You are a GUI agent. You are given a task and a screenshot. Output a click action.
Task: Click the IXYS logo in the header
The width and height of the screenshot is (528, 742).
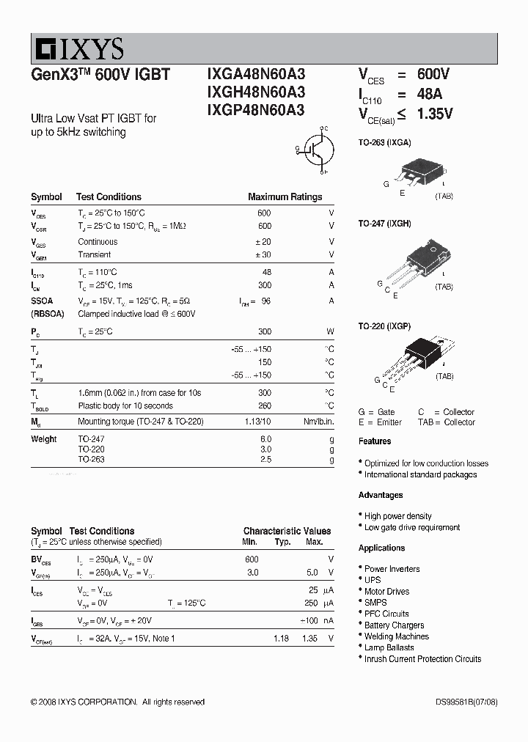78,48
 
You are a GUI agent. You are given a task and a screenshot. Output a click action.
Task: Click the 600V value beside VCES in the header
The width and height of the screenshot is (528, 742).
433,74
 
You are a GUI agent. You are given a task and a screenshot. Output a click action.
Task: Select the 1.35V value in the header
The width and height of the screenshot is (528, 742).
435,114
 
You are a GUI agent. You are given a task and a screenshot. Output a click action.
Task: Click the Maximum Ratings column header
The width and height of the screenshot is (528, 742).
285,196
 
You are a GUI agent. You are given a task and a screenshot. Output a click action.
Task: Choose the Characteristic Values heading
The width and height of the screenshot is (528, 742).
287,531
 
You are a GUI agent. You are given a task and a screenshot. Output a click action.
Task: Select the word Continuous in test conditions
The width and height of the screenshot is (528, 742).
98,241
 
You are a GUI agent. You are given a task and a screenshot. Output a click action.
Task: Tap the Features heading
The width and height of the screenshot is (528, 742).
375,441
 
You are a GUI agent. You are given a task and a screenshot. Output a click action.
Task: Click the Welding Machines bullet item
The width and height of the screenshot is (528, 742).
397,636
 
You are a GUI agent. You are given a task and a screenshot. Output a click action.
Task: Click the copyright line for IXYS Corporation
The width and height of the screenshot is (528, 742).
117,702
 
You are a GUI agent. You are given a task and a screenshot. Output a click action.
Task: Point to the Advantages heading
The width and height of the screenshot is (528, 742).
381,495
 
